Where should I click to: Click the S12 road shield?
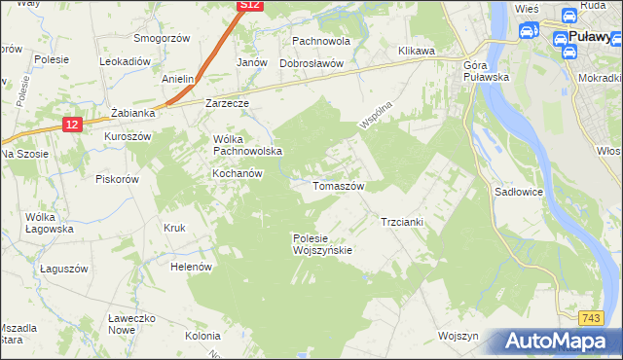pos(250,5)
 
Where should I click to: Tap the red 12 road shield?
pos(72,124)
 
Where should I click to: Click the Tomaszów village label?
pos(338,185)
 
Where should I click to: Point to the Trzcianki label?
pos(401,222)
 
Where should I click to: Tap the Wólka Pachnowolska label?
pos(247,145)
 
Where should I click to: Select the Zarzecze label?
pos(228,102)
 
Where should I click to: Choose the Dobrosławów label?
pos(311,62)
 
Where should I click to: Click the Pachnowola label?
pos(320,42)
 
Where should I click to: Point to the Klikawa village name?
pos(416,51)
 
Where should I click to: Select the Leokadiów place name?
pos(125,60)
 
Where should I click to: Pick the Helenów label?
pos(191,266)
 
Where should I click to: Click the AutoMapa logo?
pos(559,342)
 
